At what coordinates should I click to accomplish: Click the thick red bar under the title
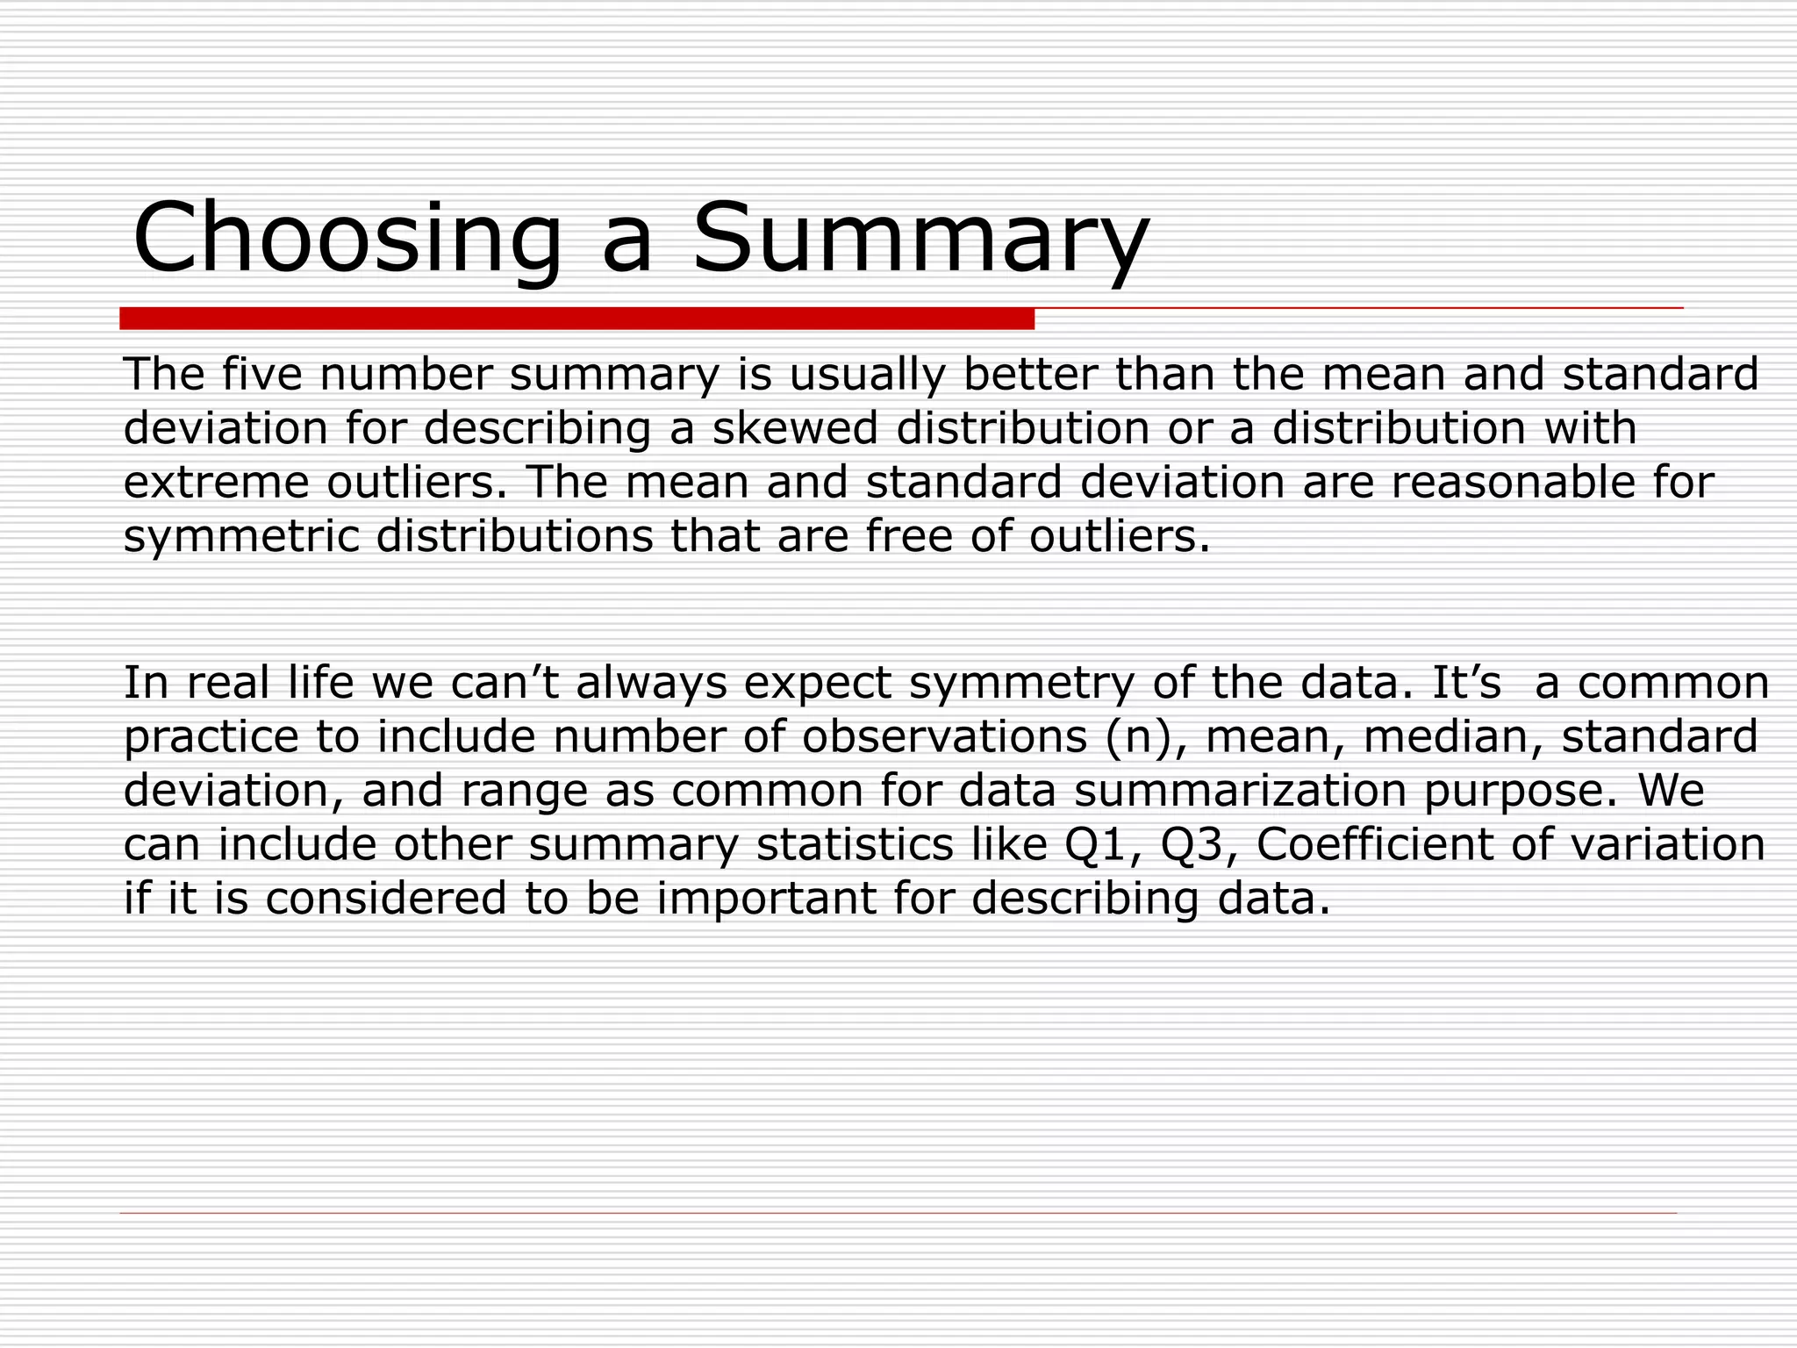(x=576, y=319)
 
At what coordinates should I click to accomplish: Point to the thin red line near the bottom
(x=898, y=1213)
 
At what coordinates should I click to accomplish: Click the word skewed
(x=794, y=428)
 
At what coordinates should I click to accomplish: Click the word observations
(x=944, y=736)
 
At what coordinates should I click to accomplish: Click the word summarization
(x=1241, y=791)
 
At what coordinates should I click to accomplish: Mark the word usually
(x=867, y=376)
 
